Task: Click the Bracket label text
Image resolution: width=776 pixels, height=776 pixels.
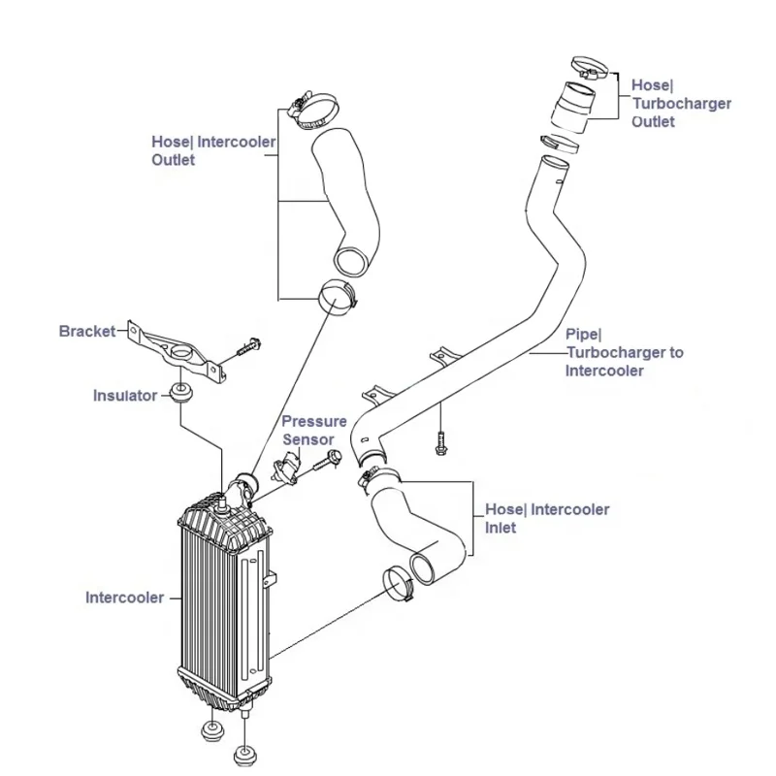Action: [x=87, y=331]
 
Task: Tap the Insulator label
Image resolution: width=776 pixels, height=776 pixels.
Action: [x=124, y=395]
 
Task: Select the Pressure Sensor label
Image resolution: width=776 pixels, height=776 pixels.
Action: [x=313, y=431]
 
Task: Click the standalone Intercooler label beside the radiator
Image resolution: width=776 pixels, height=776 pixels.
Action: [x=124, y=598]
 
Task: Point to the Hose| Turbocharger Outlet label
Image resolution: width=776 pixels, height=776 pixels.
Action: [x=681, y=104]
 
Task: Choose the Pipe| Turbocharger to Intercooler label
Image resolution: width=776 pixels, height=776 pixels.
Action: [x=624, y=351]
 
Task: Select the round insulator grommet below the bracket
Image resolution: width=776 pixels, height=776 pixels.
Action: [x=179, y=392]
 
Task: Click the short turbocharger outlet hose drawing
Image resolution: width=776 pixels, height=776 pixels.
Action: [x=572, y=107]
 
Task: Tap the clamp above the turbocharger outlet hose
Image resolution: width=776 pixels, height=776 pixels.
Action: [x=589, y=67]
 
